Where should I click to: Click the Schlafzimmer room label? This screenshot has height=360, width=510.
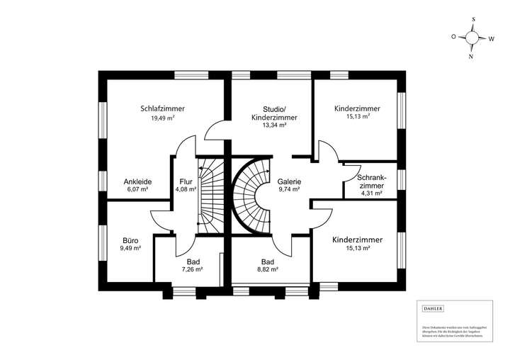point(162,108)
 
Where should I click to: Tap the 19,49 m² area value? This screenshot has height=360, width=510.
point(162,118)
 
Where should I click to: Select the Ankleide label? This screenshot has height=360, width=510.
point(137,181)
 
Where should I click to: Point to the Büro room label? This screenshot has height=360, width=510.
point(130,240)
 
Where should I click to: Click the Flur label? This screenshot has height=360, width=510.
point(186,181)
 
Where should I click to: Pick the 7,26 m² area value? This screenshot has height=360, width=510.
point(193,270)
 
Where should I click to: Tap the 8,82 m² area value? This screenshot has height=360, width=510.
point(267,270)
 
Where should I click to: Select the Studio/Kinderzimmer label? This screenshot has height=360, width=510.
point(273,113)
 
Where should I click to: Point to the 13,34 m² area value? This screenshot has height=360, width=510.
point(273,125)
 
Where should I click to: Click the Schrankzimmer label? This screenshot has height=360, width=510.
point(371,181)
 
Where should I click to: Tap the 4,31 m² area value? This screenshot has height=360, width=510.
point(371,193)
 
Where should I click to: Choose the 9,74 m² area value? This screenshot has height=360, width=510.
point(289,190)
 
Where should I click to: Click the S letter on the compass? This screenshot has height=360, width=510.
point(472,20)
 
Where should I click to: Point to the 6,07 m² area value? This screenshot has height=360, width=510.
point(137,190)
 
